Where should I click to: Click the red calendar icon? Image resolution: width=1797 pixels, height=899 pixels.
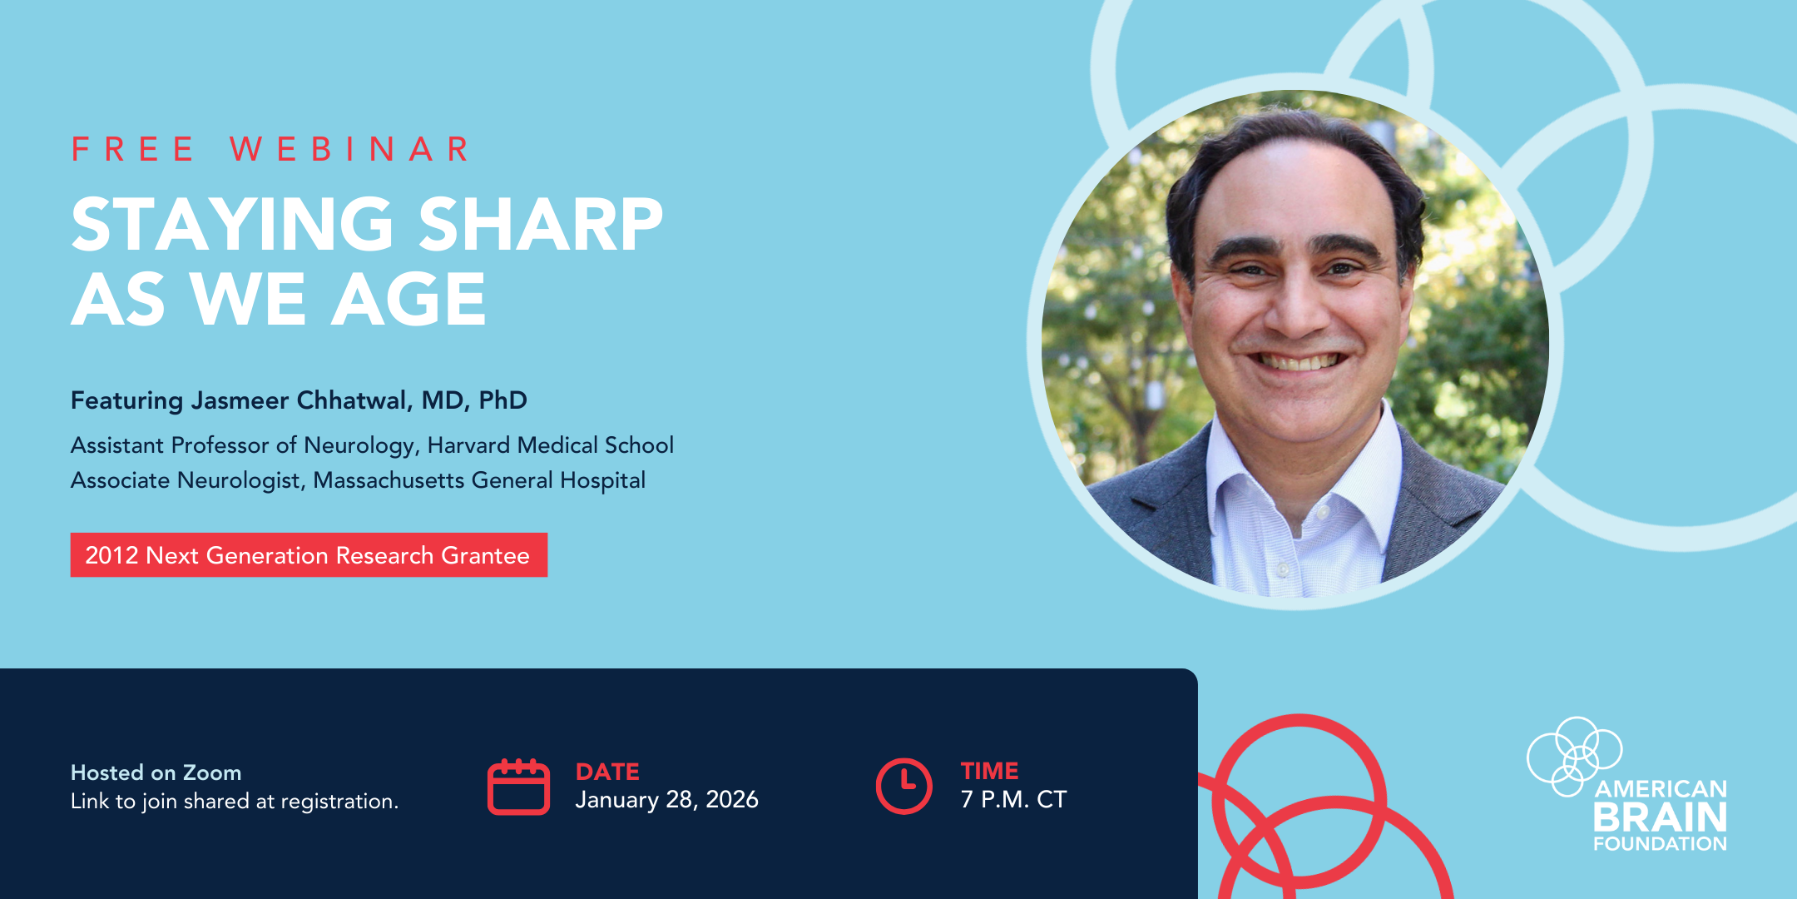coord(518,787)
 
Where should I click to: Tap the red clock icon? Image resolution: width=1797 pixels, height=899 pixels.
coord(904,786)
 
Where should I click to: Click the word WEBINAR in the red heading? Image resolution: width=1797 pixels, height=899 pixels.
coord(350,150)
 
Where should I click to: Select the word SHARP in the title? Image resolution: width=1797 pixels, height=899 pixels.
coord(540,224)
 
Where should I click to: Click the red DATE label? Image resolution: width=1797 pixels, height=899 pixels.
coord(607,772)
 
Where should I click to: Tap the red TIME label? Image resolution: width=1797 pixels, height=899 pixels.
coord(989,771)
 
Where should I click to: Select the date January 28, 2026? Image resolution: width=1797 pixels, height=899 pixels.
coord(666,800)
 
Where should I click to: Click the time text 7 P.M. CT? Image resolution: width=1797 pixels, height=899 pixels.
coord(1013,799)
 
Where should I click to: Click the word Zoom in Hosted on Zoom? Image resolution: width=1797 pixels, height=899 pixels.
coord(212,772)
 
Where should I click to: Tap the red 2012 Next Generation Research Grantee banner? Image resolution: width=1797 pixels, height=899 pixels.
coord(309,555)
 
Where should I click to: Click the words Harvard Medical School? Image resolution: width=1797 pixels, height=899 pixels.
coord(550,445)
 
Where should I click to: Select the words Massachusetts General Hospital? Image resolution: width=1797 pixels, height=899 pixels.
coord(479,480)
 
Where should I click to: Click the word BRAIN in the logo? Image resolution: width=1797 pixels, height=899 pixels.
coord(1661,817)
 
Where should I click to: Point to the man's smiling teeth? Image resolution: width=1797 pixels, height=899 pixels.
coord(1299,362)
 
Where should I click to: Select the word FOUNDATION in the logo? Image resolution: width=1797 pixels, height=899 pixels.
coord(1661,843)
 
